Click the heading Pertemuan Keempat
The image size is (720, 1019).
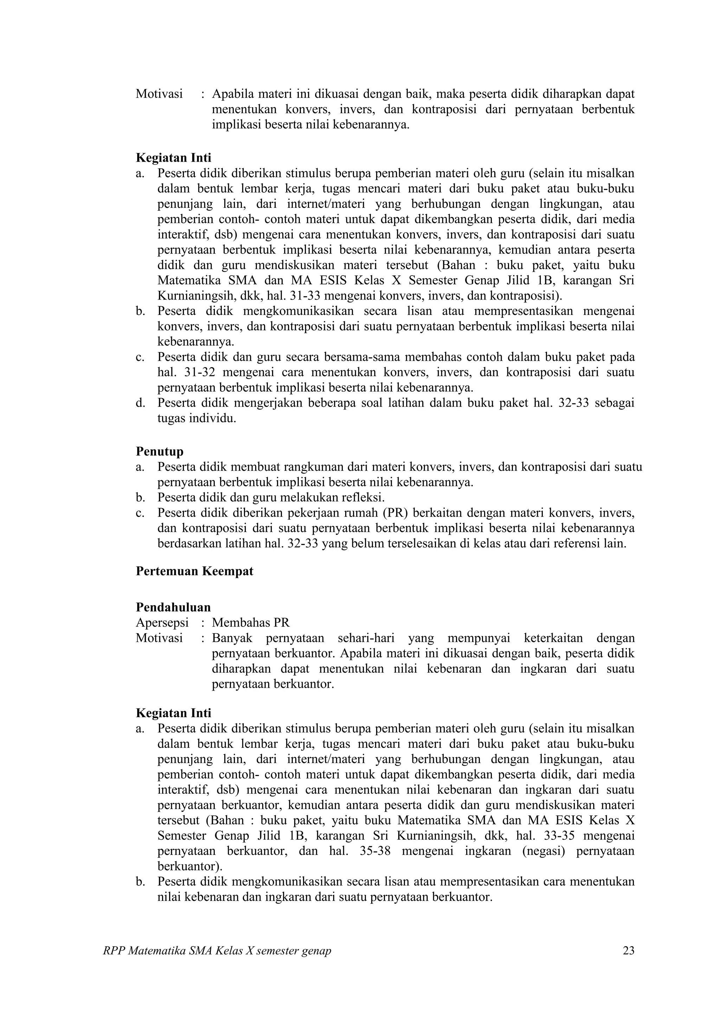194,571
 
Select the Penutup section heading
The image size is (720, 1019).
159,451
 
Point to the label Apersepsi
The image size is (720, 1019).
162,623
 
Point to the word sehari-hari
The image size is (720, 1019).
366,638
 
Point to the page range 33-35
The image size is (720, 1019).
557,836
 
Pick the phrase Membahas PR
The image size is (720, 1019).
251,623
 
